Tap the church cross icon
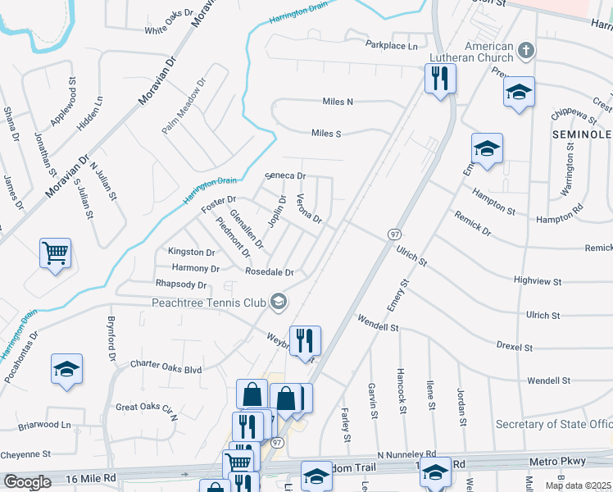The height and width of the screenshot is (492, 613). [x=526, y=51]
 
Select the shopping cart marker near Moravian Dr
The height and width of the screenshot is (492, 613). [x=55, y=252]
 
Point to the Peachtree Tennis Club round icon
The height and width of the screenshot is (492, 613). [x=279, y=302]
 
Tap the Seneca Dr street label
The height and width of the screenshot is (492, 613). [x=286, y=175]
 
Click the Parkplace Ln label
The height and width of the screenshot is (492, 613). [x=392, y=46]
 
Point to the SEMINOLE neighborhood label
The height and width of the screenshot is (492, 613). [x=582, y=134]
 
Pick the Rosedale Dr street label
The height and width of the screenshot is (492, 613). [x=270, y=272]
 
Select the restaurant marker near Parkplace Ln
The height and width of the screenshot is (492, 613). [x=440, y=79]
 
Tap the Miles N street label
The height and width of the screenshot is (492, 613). [x=338, y=102]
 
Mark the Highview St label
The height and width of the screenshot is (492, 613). [x=537, y=281]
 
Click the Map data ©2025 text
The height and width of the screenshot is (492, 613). [x=578, y=485]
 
